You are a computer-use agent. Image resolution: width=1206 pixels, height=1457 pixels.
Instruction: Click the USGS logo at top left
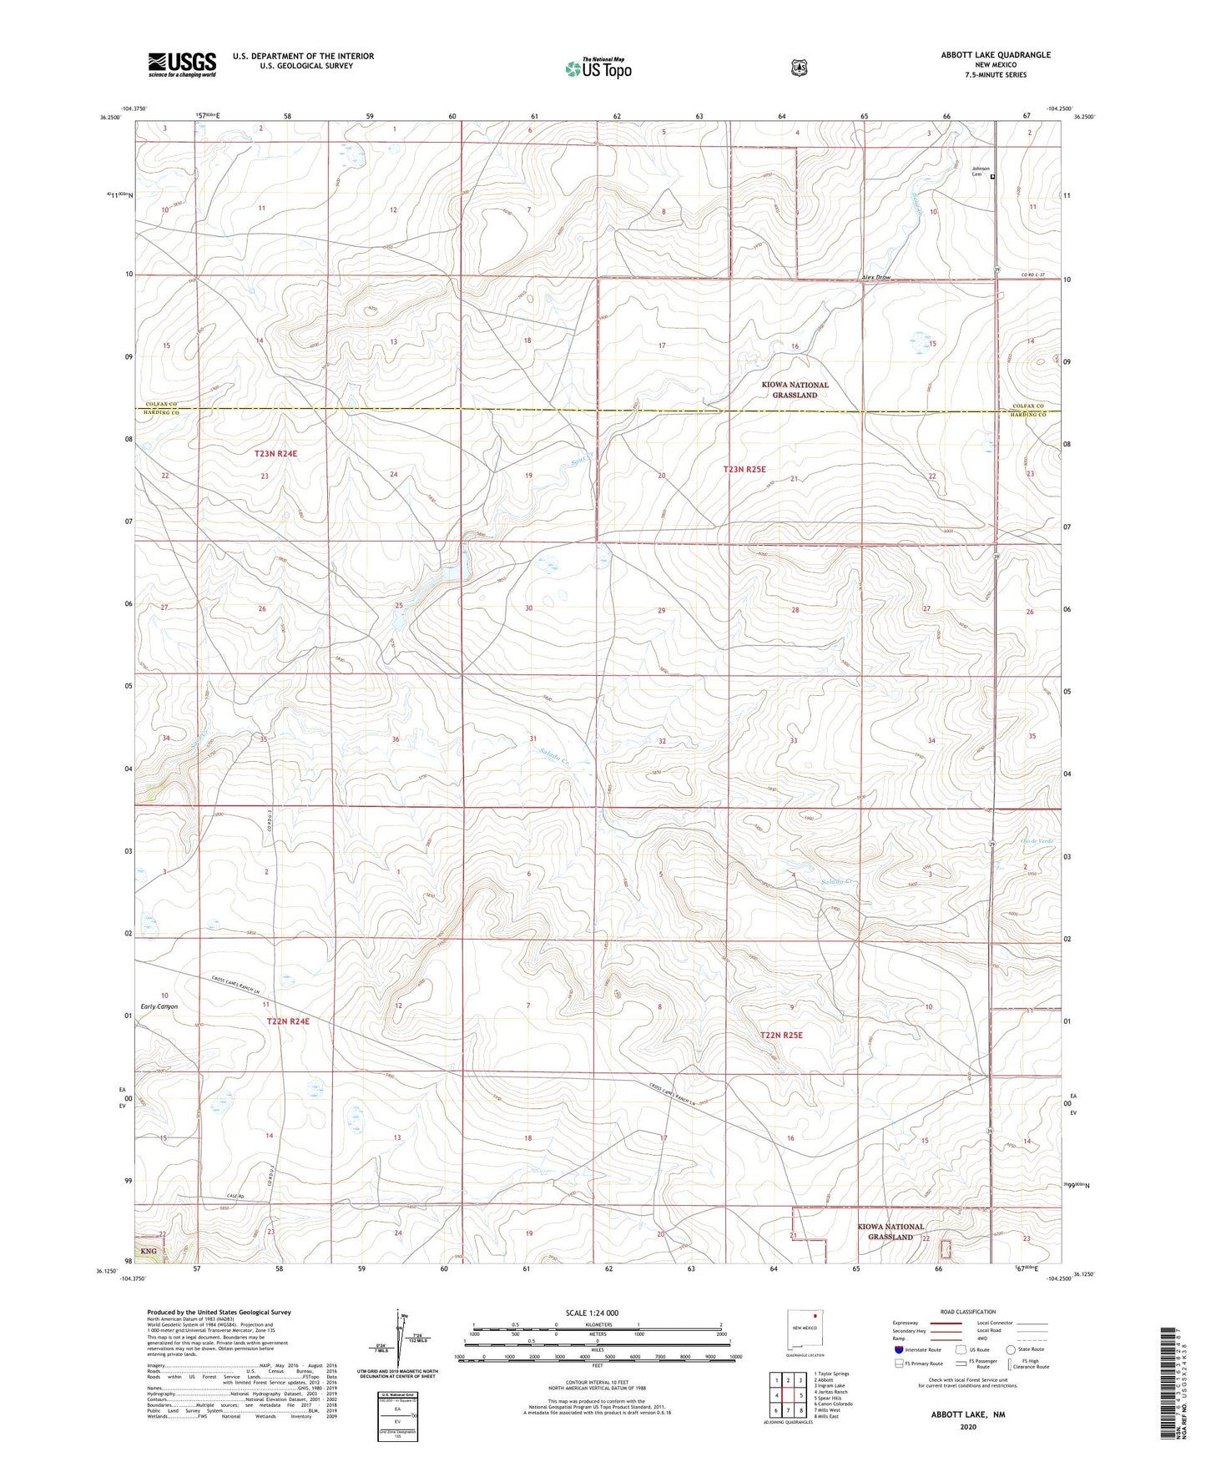coord(182,64)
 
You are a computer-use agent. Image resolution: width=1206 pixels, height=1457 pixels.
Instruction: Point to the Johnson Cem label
coord(980,171)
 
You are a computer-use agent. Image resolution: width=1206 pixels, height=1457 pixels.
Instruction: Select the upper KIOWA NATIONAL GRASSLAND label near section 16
coord(795,390)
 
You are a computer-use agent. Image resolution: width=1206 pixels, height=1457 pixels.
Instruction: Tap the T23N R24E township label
coord(275,454)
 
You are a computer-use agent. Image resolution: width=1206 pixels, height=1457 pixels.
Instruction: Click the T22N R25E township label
coord(781,1035)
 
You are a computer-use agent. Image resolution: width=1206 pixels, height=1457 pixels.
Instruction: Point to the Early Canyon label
coord(159,1006)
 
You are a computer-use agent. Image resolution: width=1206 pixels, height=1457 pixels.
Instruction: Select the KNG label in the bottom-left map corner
coord(149,1252)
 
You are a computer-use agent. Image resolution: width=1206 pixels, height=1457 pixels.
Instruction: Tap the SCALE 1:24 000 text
coord(592,1313)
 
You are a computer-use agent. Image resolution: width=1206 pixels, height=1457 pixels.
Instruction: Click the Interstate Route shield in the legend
coord(898,1349)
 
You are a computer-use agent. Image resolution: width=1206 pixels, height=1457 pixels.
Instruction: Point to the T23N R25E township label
coord(744,470)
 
